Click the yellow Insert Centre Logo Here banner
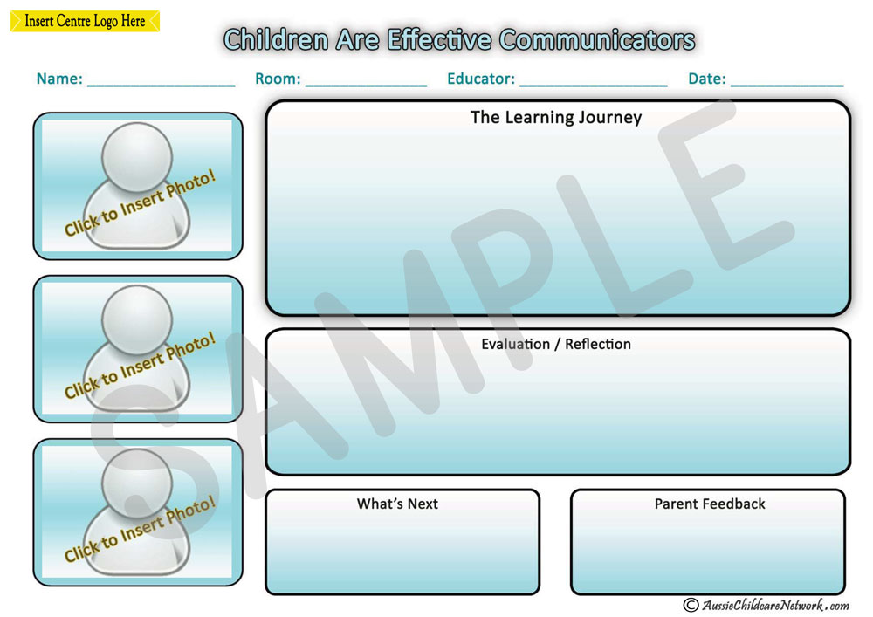coord(86,21)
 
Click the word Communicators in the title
coord(597,40)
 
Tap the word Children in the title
coord(276,40)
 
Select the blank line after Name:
coord(162,86)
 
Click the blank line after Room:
coord(367,86)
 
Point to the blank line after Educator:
coord(594,86)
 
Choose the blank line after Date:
coord(787,86)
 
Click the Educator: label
coord(481,79)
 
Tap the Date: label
coord(707,79)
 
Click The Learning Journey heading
coord(556,118)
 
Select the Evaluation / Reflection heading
coord(556,345)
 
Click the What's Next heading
coord(397,504)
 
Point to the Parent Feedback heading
coord(710,504)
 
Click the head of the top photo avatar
coord(137,157)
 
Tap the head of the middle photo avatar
coord(137,320)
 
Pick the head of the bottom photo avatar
coord(137,483)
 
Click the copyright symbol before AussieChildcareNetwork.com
coord(691,605)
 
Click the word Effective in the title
coord(439,40)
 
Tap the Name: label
coord(59,79)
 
